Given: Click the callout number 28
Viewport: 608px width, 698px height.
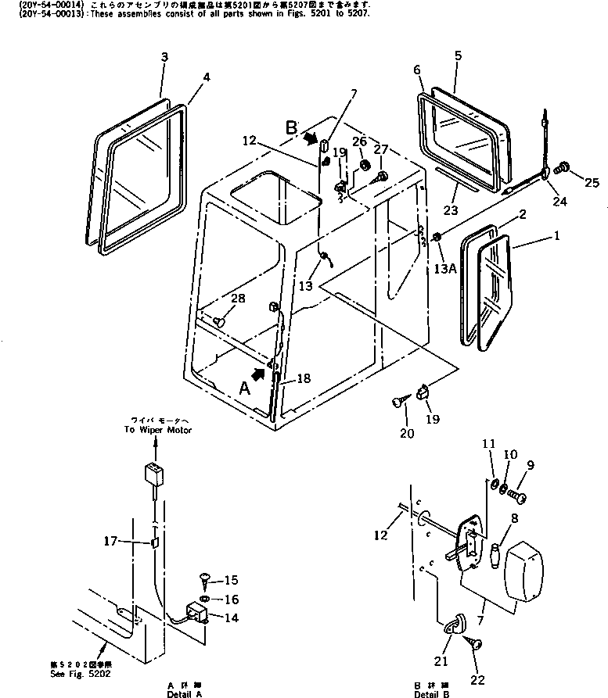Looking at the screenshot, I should coord(236,299).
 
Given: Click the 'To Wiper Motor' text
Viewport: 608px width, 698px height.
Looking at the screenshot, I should coord(157,429).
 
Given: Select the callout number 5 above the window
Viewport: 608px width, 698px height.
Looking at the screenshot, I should coord(458,55).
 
